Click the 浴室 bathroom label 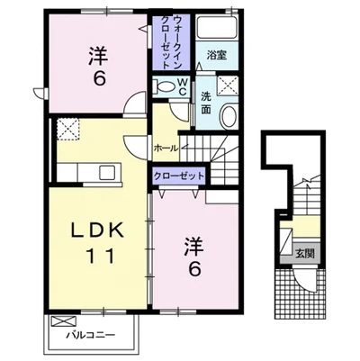point(217,55)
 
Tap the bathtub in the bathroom point(217,27)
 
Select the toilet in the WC point(163,86)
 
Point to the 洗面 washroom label point(206,104)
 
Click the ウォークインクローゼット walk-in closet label point(171,42)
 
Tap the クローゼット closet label point(179,176)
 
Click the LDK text point(97,230)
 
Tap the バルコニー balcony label point(91,334)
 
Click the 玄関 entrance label point(305,254)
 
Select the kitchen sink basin point(107,173)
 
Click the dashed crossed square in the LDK point(68,129)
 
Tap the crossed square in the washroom point(228,86)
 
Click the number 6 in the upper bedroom point(100,78)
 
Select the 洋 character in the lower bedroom point(194,247)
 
